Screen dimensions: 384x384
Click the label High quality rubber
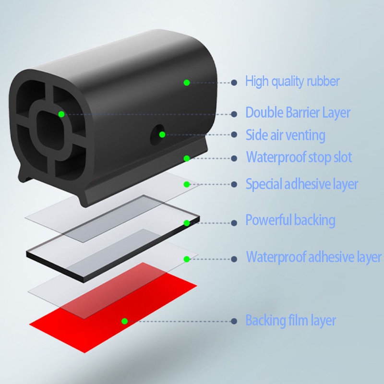pos(292,81)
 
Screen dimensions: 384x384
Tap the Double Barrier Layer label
pos(298,113)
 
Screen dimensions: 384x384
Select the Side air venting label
pos(285,135)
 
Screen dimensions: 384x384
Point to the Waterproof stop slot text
pos(299,157)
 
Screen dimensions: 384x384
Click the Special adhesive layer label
pos(302,184)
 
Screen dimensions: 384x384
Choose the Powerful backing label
pos(290,220)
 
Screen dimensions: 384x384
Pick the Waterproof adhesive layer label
pos(314,257)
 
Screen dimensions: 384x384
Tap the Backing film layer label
pos(291,320)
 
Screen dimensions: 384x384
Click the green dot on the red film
pos(124,321)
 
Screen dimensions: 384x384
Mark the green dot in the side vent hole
pos(162,134)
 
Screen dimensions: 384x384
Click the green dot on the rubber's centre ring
pos(61,114)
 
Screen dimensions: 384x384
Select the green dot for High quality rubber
pos(187,83)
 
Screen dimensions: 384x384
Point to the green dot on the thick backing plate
pos(187,223)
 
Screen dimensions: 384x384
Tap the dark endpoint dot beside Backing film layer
pos(234,321)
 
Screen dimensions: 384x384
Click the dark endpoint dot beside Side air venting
pos(234,134)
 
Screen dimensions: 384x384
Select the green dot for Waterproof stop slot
pos(187,158)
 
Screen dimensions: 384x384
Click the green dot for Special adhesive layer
pos(187,184)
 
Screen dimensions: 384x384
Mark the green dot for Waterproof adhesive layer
pos(187,259)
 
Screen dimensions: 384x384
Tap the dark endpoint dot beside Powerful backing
pos(234,223)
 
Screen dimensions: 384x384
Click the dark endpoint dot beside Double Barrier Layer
pos(234,114)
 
